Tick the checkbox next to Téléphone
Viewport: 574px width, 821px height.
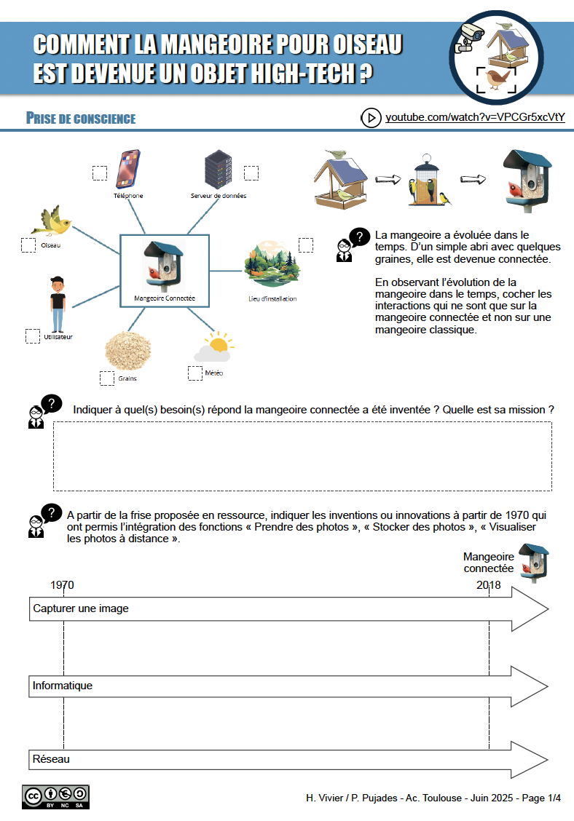[x=99, y=173]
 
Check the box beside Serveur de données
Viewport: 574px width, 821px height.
[x=251, y=172]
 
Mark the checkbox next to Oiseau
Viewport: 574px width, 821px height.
[x=28, y=245]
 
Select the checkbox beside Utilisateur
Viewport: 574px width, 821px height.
[x=33, y=336]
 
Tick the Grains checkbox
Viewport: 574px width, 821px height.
[x=107, y=378]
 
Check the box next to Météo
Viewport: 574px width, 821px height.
[x=195, y=373]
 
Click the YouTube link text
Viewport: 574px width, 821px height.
[x=475, y=118]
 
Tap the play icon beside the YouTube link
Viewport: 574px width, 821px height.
[x=371, y=118]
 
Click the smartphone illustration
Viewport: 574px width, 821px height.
[x=127, y=169]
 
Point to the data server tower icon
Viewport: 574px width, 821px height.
[x=218, y=170]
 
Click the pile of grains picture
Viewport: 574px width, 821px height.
[x=127, y=349]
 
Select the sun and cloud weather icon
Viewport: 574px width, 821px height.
[x=213, y=347]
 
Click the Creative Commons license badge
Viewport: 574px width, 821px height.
[x=55, y=796]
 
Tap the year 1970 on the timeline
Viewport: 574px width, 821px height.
[x=62, y=585]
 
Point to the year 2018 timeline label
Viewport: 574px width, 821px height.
[x=489, y=585]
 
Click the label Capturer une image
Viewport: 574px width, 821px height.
[x=81, y=608]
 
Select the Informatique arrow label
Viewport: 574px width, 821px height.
[x=63, y=686]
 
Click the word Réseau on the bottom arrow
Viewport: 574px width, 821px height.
[x=51, y=759]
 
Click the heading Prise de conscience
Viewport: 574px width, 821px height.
[x=80, y=119]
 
